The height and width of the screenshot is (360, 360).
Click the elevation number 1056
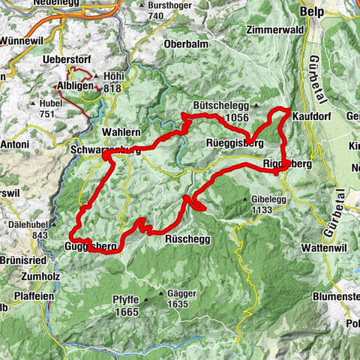[235, 117]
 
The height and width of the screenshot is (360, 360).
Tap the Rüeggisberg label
[233, 142]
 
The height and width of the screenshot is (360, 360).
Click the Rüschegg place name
[187, 238]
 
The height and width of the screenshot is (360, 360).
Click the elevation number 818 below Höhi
[112, 87]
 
